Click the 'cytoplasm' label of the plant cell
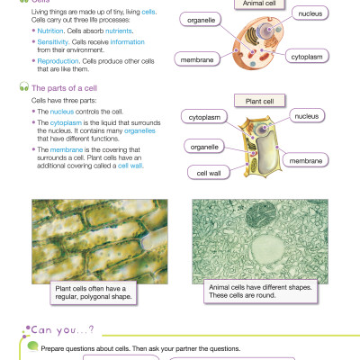(203, 117)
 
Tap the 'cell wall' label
(202, 172)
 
